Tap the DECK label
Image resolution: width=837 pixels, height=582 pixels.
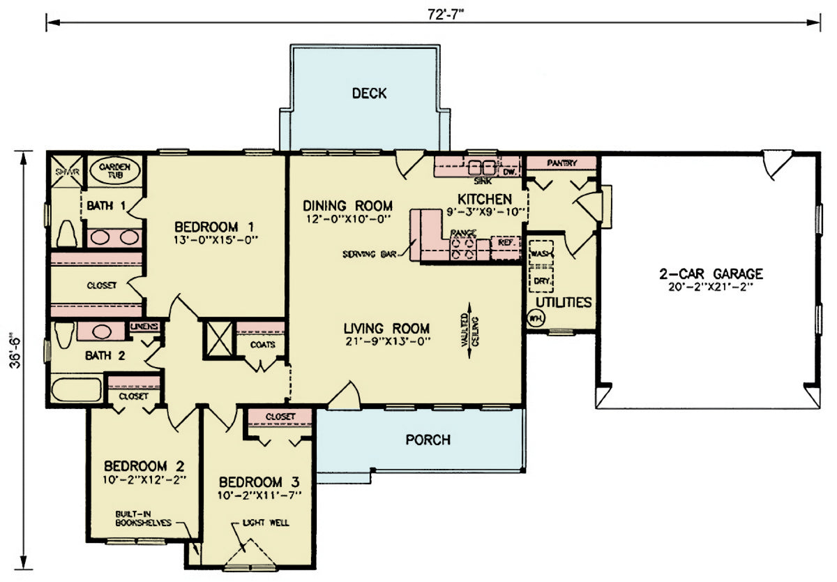pos(369,94)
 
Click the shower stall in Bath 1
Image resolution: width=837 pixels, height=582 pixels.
pos(65,172)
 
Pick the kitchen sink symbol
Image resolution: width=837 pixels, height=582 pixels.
pos(481,168)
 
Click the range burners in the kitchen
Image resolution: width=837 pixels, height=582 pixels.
pos(464,247)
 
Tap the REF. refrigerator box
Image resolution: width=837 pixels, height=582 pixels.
pos(505,243)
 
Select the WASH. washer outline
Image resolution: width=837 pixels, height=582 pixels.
pos(541,252)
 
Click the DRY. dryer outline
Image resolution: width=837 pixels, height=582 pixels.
pos(541,281)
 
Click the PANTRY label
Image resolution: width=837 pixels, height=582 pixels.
pos(561,163)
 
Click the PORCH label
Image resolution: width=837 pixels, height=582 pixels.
pos(428,440)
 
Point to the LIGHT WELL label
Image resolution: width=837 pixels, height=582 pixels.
pos(265,522)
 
